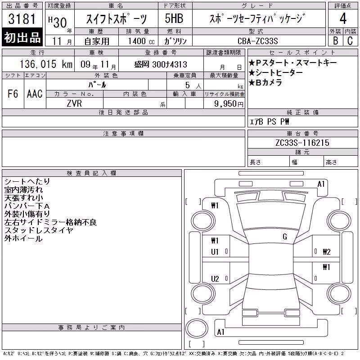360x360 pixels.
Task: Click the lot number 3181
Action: coord(22,19)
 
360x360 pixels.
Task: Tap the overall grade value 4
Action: coord(343,18)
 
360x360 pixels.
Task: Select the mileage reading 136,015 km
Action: coord(46,64)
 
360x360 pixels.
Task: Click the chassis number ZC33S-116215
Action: coord(302,143)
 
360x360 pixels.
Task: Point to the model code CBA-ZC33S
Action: coord(257,41)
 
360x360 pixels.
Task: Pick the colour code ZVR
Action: coord(74,103)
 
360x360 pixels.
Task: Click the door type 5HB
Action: coord(174,18)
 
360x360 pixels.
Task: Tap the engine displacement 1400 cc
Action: coord(141,41)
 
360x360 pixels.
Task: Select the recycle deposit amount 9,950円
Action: coord(229,104)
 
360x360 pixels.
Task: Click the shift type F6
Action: coord(13,94)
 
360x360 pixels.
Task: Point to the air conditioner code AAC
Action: coord(35,94)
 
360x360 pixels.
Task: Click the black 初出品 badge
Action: coord(22,37)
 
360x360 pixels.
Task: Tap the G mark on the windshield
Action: coord(285,237)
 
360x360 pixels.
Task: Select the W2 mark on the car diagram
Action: coord(327,252)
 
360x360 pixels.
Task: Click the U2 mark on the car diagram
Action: coord(215,279)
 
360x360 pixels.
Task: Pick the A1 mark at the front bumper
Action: coord(321,184)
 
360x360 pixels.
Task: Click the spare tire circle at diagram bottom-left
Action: coord(197,328)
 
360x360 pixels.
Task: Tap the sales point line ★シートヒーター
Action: coord(275,73)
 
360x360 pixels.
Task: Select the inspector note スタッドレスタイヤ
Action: coord(39,230)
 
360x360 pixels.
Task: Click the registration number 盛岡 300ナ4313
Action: coord(161,64)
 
